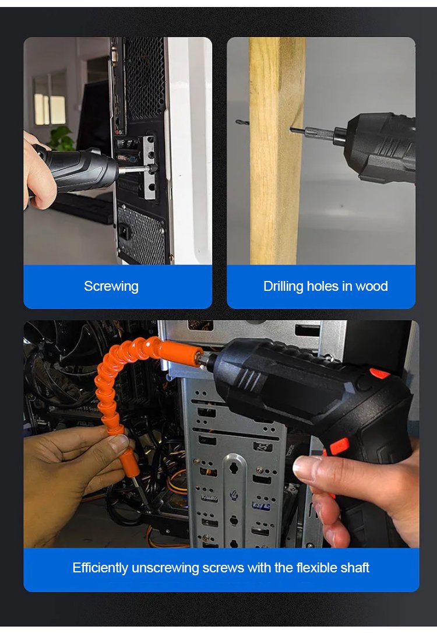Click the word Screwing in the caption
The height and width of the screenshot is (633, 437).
click(x=111, y=286)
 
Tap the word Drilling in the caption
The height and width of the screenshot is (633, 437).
click(x=283, y=286)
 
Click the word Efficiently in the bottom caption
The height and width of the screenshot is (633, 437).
click(x=100, y=568)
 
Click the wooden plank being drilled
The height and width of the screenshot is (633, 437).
click(x=276, y=151)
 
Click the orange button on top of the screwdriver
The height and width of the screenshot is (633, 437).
click(x=379, y=374)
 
